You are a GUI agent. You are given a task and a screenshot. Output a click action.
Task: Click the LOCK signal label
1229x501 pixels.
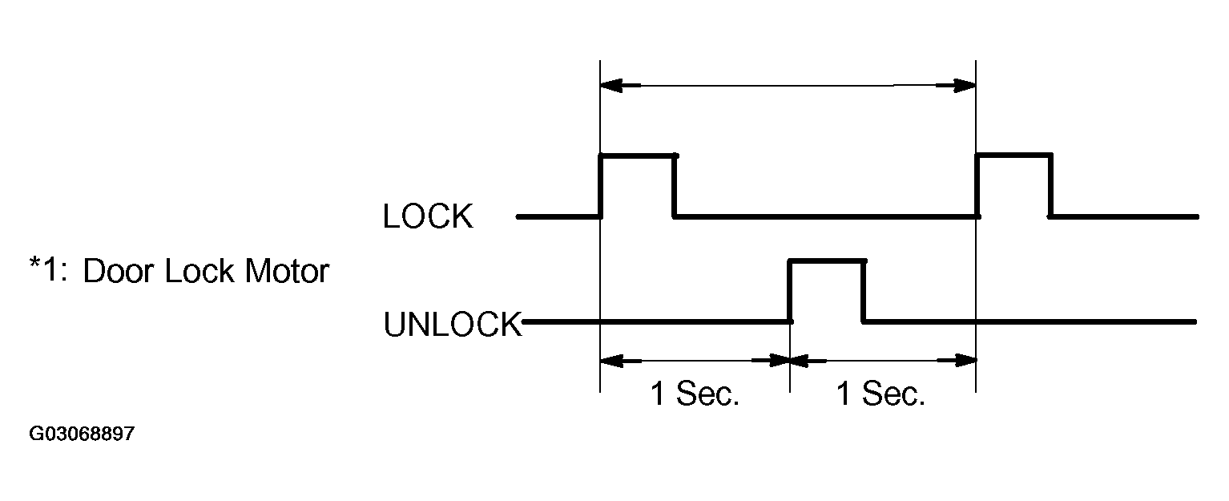(x=428, y=216)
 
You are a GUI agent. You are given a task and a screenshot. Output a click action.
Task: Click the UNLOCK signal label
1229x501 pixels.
(x=453, y=325)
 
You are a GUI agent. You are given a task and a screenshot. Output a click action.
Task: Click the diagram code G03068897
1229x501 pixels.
(x=82, y=434)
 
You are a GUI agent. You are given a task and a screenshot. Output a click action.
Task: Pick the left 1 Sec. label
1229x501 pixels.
(x=695, y=394)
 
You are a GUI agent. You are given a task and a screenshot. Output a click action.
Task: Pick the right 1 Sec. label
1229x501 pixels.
(x=881, y=394)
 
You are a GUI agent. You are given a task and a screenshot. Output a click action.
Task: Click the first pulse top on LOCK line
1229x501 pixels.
(x=638, y=156)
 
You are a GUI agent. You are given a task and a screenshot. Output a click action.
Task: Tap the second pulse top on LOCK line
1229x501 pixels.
(x=1013, y=156)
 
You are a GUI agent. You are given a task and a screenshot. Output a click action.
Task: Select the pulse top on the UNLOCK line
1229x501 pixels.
(x=827, y=260)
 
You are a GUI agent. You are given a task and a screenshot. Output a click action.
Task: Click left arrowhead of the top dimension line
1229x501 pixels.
(x=610, y=84)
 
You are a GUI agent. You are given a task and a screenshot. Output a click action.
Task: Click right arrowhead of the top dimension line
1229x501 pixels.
(x=965, y=84)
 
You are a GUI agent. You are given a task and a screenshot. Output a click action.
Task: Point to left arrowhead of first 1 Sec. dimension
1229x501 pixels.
(x=610, y=362)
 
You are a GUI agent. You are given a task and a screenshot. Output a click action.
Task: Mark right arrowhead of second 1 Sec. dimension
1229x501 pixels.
(x=965, y=362)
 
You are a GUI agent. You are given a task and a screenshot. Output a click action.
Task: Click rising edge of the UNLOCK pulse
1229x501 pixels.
(x=790, y=290)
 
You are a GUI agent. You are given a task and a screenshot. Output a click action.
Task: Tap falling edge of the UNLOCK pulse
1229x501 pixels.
(x=864, y=290)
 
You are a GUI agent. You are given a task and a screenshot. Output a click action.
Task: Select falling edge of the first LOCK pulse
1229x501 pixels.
(x=675, y=186)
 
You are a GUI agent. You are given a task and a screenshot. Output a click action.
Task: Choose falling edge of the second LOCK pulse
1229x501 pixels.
(x=1050, y=186)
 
